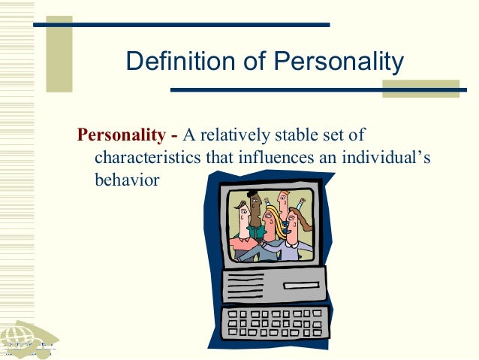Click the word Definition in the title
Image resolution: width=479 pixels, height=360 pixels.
tap(172, 62)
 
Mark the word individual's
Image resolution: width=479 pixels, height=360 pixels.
tap(393, 159)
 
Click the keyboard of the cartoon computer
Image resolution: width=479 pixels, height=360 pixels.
tap(274, 322)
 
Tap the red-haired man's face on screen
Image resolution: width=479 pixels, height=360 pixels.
tap(282, 201)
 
